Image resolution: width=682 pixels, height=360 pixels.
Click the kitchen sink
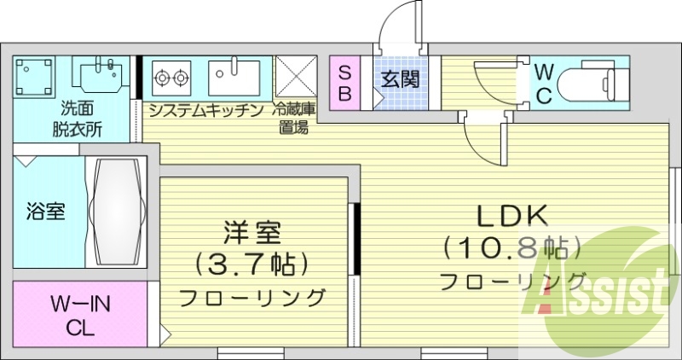(233, 78)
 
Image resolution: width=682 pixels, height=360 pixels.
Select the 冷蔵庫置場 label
(295, 119)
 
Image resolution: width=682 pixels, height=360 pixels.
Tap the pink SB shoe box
(345, 83)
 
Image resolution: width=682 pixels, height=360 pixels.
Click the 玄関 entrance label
(399, 80)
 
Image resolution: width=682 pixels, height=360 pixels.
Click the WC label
(545, 83)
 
